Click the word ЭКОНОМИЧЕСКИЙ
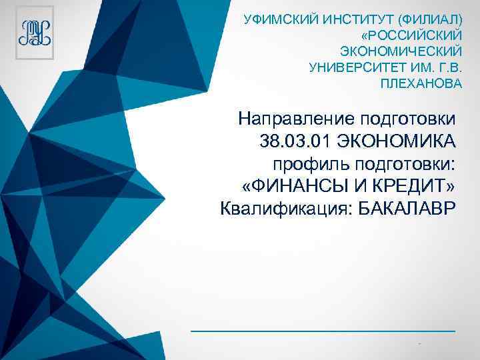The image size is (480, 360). click(x=400, y=51)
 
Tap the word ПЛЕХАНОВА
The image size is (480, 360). click(x=420, y=85)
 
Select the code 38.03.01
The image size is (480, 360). click(x=289, y=141)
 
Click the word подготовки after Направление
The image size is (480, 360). click(x=409, y=119)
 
